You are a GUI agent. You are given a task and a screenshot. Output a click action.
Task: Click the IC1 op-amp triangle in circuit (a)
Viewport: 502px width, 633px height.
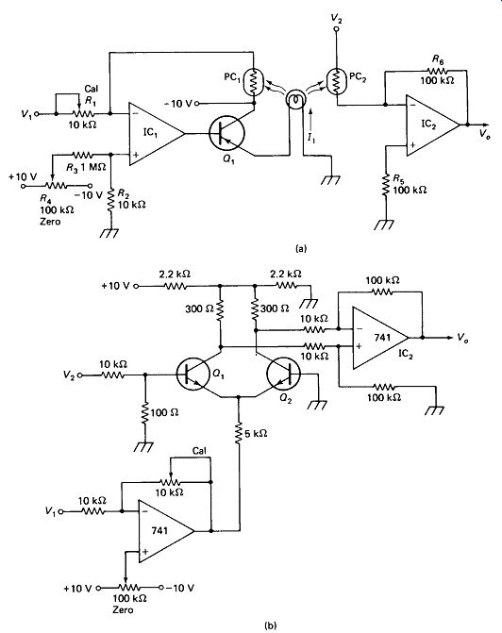click(156, 134)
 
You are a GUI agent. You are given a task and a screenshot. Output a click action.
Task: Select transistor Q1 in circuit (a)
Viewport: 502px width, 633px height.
click(226, 134)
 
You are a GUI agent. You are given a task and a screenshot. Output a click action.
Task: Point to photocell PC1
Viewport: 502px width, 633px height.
click(254, 82)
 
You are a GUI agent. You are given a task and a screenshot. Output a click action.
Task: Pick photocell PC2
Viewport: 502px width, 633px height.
click(336, 81)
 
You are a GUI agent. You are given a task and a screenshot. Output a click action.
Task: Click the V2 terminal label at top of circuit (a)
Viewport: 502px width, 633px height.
click(336, 18)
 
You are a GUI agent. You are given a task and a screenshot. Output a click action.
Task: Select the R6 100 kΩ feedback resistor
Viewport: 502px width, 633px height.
click(438, 71)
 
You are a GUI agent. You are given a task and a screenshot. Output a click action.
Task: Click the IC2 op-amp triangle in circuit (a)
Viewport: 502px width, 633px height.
click(432, 125)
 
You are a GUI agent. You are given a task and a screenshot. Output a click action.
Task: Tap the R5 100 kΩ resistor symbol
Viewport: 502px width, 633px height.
click(386, 185)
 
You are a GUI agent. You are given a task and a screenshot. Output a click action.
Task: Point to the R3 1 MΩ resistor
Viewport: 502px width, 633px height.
click(82, 154)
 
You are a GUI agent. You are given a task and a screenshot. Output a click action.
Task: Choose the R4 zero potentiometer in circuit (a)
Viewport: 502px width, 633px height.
click(56, 186)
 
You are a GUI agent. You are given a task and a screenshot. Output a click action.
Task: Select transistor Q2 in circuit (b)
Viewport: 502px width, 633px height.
click(283, 374)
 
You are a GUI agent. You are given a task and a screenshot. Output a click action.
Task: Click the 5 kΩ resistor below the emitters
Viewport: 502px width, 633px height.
click(239, 433)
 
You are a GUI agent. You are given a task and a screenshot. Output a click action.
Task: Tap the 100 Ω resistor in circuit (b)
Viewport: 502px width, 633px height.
click(145, 412)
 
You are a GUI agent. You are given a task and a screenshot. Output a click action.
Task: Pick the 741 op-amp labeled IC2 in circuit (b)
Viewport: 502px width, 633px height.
click(380, 338)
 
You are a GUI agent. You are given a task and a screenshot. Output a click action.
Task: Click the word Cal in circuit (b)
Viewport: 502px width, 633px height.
click(199, 451)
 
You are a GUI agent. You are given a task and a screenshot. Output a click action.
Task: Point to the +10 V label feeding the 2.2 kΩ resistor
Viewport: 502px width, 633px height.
click(115, 286)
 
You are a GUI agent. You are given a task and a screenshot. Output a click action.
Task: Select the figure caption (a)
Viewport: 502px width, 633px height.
click(301, 248)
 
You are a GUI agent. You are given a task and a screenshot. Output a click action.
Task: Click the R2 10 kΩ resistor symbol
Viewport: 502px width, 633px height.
click(110, 201)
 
